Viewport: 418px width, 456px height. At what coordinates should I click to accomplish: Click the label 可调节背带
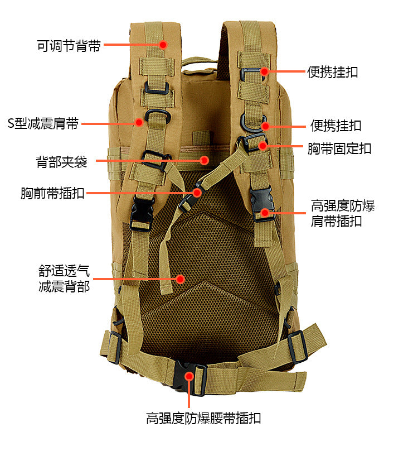(x=69, y=46)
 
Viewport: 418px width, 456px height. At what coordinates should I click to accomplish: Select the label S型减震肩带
(x=43, y=123)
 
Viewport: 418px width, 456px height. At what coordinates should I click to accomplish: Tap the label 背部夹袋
(x=61, y=161)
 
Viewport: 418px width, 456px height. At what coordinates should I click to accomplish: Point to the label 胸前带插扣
(x=52, y=193)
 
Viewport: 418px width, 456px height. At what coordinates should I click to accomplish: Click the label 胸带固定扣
(x=339, y=148)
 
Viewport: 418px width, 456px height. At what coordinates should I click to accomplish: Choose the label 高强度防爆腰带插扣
(x=203, y=418)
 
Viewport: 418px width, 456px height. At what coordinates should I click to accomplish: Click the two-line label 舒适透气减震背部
(x=64, y=279)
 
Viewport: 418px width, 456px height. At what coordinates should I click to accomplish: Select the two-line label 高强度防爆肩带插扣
(x=343, y=213)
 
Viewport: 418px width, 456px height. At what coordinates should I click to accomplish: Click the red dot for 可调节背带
(x=163, y=45)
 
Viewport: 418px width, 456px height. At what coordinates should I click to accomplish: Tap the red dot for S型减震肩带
(x=139, y=122)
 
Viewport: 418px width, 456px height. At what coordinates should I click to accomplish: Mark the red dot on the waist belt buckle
(x=189, y=376)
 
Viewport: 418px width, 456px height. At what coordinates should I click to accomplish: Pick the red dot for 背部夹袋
(x=205, y=160)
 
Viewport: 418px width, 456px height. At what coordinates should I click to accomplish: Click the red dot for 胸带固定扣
(x=263, y=146)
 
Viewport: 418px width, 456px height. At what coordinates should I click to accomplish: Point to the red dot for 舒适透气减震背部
(x=181, y=279)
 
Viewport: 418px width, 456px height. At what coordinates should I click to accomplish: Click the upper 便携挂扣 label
(x=333, y=72)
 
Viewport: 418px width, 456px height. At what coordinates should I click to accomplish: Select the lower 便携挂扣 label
(x=336, y=126)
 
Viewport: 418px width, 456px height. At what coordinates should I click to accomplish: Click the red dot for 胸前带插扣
(x=197, y=193)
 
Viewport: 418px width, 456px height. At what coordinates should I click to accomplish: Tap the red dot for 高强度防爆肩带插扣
(x=265, y=213)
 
